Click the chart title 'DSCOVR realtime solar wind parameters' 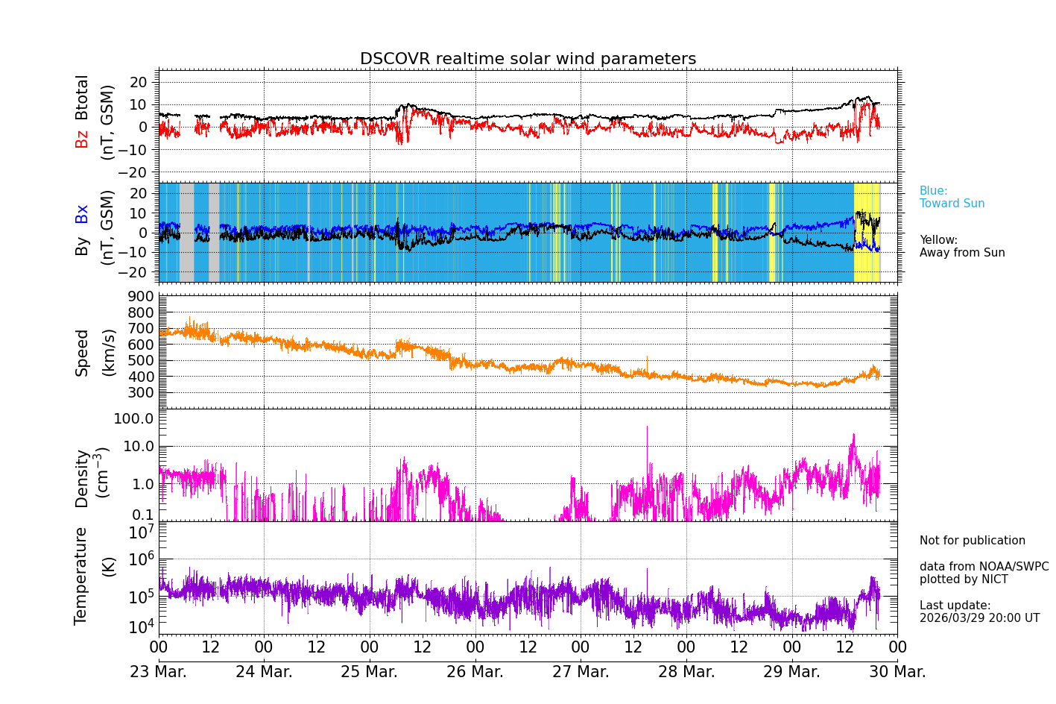pos(528,59)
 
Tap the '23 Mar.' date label pos(158,672)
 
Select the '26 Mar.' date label pos(475,672)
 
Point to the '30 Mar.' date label pos(897,672)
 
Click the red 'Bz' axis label pos(81,139)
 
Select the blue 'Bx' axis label pos(81,213)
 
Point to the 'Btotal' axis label pos(81,98)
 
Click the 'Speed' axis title pos(81,353)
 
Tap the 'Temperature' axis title pos(81,575)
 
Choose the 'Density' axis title pos(81,478)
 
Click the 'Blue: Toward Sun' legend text pos(952,198)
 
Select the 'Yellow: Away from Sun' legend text pos(961,247)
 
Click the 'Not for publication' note pos(972,541)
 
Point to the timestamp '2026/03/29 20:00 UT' pos(979,618)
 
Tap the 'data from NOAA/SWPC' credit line pos(984,567)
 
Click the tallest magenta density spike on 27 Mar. pos(647,428)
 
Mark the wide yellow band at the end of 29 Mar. pos(866,232)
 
